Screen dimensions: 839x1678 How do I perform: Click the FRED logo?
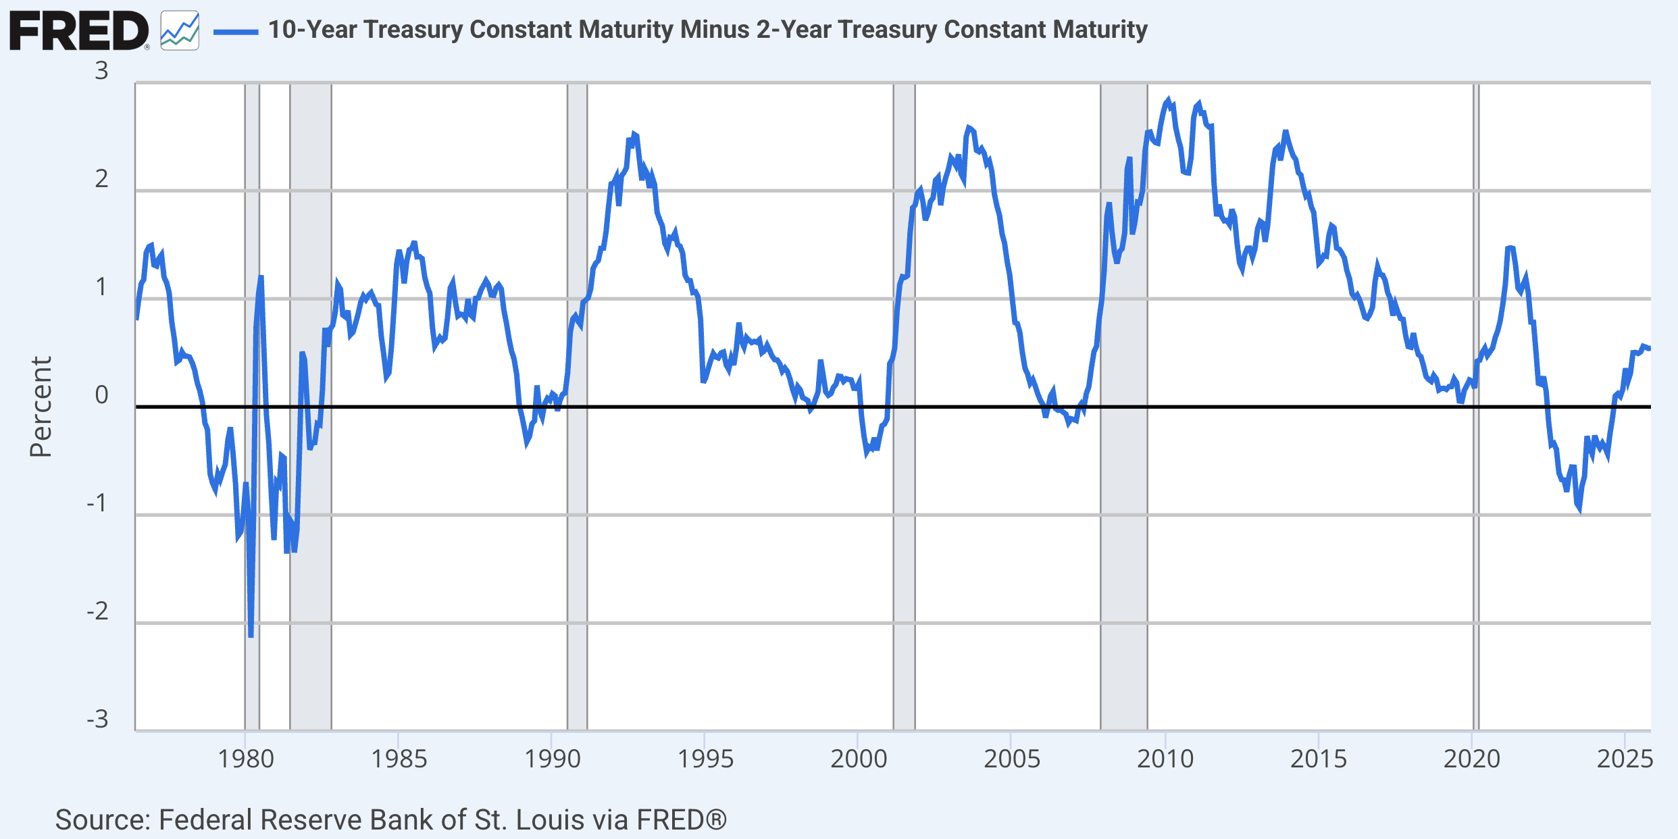click(x=78, y=31)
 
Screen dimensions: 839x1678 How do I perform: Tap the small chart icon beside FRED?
click(x=180, y=31)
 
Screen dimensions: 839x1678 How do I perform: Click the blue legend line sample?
click(x=236, y=31)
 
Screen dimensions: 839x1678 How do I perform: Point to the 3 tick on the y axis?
click(x=101, y=71)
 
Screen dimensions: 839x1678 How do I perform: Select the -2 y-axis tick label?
click(x=98, y=611)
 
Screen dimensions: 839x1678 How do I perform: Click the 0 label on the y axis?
click(x=101, y=395)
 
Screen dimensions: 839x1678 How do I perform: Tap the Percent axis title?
click(x=41, y=407)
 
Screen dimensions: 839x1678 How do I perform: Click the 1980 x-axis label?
click(x=245, y=759)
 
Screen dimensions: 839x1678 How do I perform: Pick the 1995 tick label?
click(x=705, y=759)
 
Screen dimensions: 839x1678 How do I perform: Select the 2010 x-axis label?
click(x=1165, y=759)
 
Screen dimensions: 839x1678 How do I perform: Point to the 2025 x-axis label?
click(x=1625, y=759)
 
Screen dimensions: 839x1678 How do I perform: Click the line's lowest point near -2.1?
click(x=251, y=635)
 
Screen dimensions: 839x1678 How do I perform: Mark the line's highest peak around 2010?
click(x=1169, y=101)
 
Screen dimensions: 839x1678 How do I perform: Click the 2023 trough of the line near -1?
click(x=1579, y=510)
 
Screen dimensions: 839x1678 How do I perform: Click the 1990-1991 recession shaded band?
click(x=577, y=540)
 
